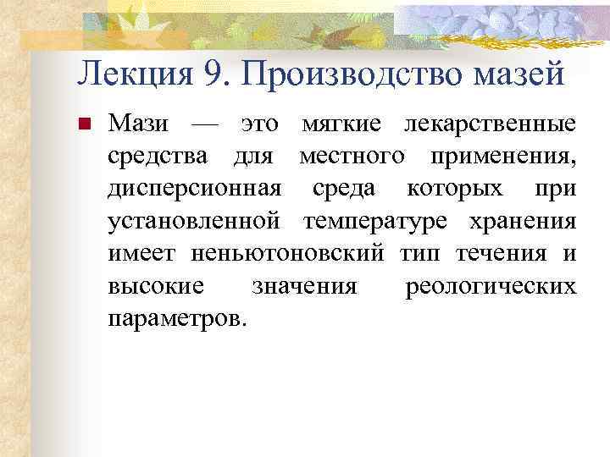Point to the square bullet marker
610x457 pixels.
click(84, 126)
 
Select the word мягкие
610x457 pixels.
click(339, 125)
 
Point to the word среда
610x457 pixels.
click(340, 190)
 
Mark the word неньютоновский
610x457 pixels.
click(288, 254)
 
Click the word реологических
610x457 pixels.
click(491, 286)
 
